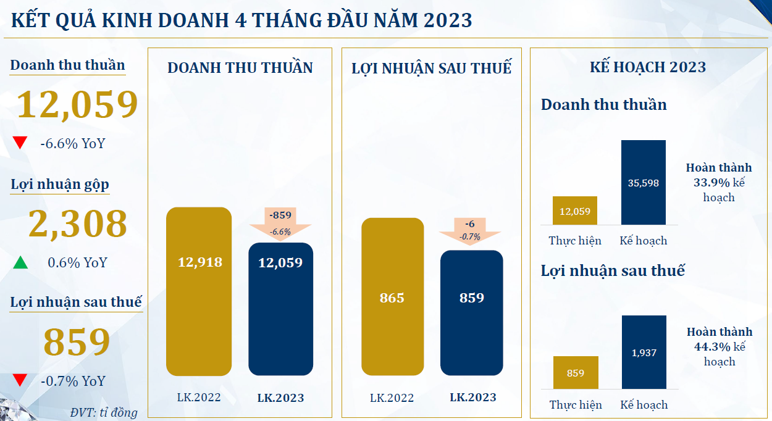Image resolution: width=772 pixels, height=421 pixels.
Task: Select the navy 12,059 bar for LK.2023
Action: pyautogui.click(x=280, y=309)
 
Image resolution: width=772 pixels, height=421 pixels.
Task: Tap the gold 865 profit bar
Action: pyautogui.click(x=392, y=297)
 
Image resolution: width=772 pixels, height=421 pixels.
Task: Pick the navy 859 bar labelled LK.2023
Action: pyautogui.click(x=471, y=312)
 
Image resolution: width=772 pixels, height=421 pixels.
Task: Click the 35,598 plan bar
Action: pyautogui.click(x=643, y=182)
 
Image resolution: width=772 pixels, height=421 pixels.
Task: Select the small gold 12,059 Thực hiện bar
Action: pyautogui.click(x=575, y=210)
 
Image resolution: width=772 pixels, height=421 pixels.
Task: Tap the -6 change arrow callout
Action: pyautogui.click(x=470, y=230)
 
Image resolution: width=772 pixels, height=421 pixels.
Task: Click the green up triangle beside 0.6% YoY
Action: pyautogui.click(x=20, y=263)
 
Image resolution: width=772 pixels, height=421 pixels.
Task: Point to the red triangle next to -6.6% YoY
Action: pyautogui.click(x=20, y=143)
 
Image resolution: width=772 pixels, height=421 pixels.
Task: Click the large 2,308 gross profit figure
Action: pyautogui.click(x=78, y=223)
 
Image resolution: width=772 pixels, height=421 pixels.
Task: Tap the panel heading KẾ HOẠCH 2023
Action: pyautogui.click(x=647, y=67)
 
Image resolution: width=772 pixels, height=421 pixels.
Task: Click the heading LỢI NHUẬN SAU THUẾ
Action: pyautogui.click(x=431, y=68)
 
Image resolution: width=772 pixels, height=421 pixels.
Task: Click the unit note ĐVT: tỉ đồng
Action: pyautogui.click(x=104, y=412)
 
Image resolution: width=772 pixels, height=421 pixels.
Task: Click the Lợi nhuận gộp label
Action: pyautogui.click(x=60, y=185)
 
